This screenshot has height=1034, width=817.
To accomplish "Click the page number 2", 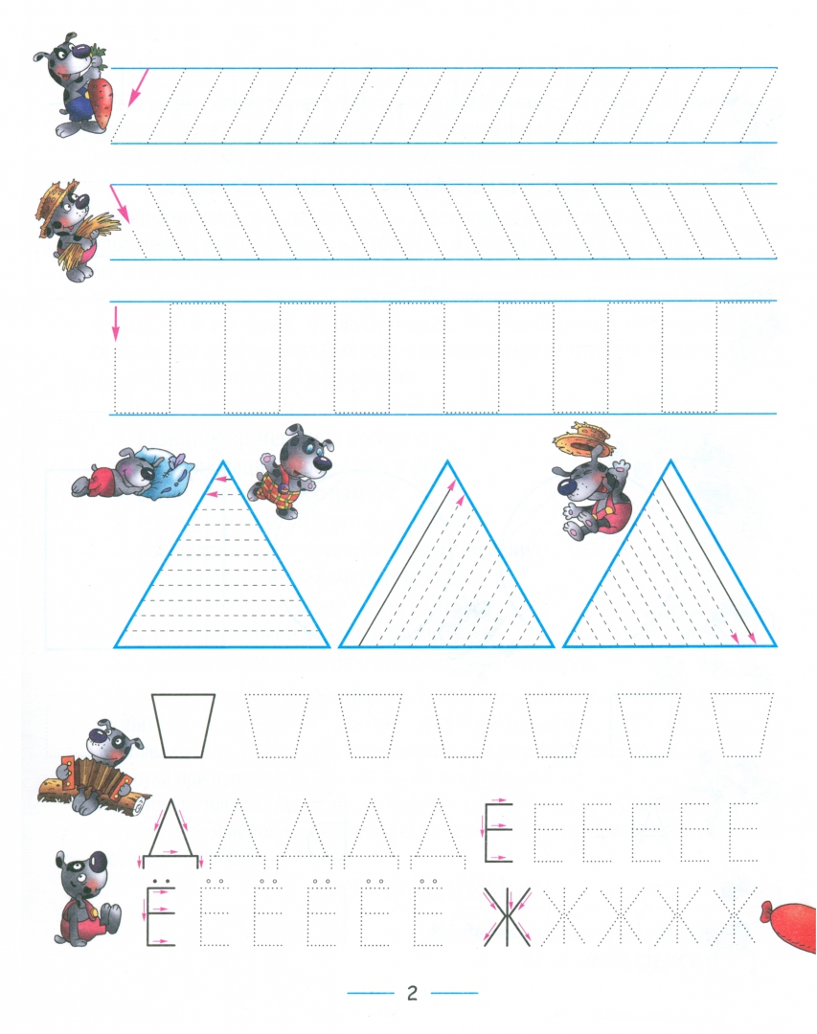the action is pos(413,993).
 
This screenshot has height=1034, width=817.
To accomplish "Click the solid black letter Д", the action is pos(170,832).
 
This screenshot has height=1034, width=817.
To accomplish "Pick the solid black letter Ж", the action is pos(507,917).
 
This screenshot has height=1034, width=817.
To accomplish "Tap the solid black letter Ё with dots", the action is pos(160,912).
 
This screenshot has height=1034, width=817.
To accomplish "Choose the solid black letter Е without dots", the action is pos(499,832).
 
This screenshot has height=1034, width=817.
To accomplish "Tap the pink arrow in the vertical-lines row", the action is pos(116,323).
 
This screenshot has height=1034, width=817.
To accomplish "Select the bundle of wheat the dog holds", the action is pos(88,237).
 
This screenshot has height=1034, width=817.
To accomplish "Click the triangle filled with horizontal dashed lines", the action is pos(222,555).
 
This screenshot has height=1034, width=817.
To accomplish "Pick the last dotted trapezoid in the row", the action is pos(742,726).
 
